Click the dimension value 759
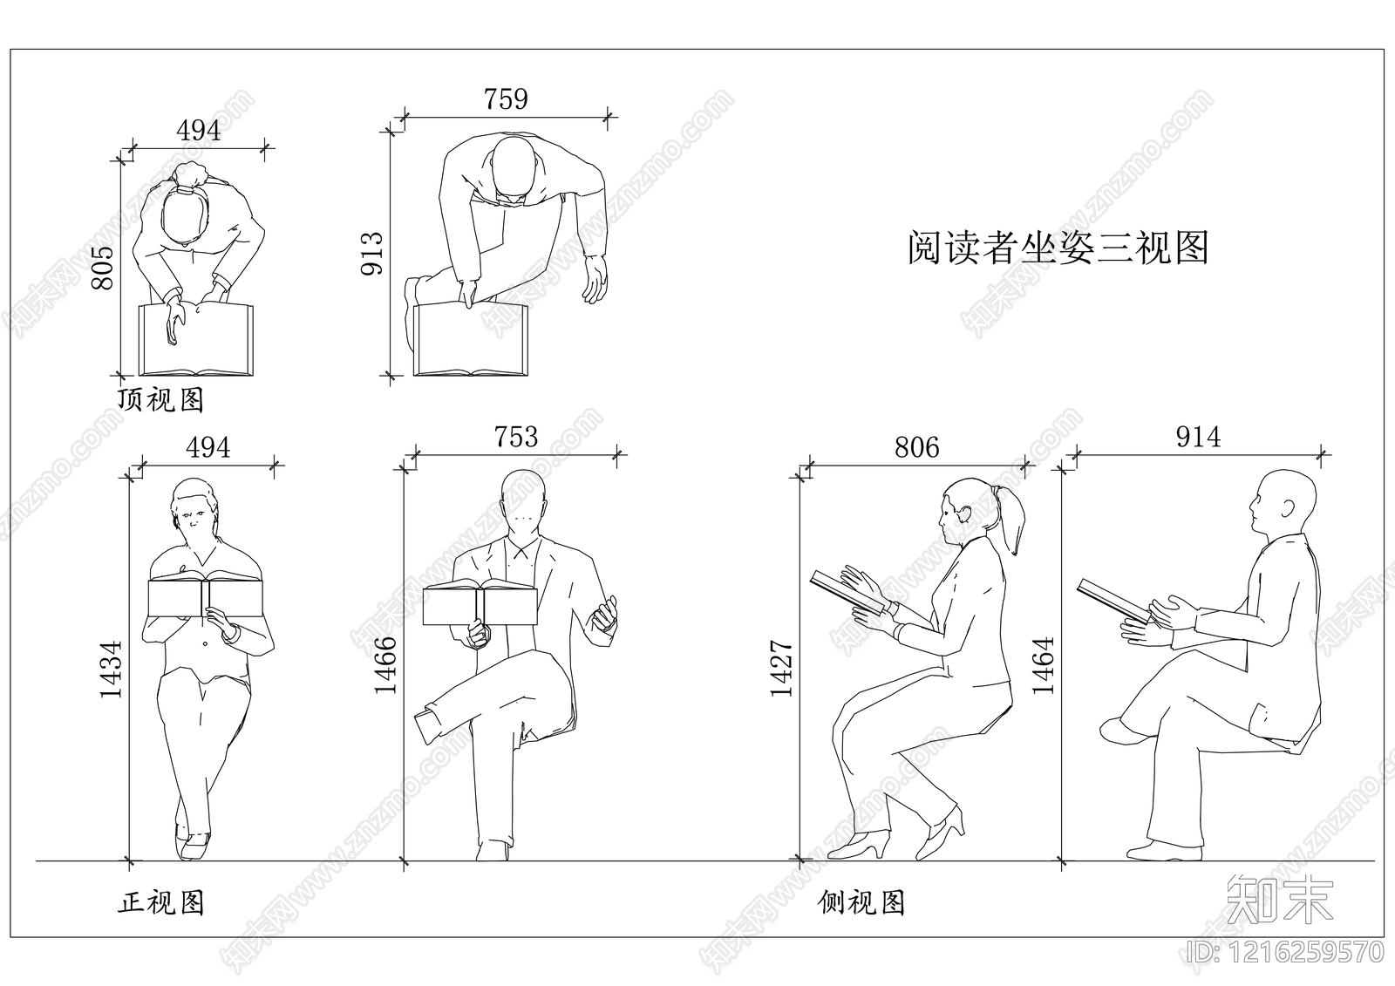pyautogui.click(x=506, y=99)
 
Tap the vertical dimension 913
pyautogui.click(x=372, y=253)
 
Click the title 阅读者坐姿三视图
pyautogui.click(x=1058, y=248)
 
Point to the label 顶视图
pyautogui.click(x=161, y=399)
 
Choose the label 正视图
pyautogui.click(x=161, y=902)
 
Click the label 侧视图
pyautogui.click(x=861, y=902)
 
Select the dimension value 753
pyautogui.click(x=515, y=436)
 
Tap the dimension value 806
pyautogui.click(x=916, y=447)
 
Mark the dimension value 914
pyautogui.click(x=1198, y=437)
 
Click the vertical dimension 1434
pyautogui.click(x=112, y=670)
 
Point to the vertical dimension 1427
pyautogui.click(x=781, y=669)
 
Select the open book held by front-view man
pyautogui.click(x=480, y=603)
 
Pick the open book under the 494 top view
pyautogui.click(x=196, y=340)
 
